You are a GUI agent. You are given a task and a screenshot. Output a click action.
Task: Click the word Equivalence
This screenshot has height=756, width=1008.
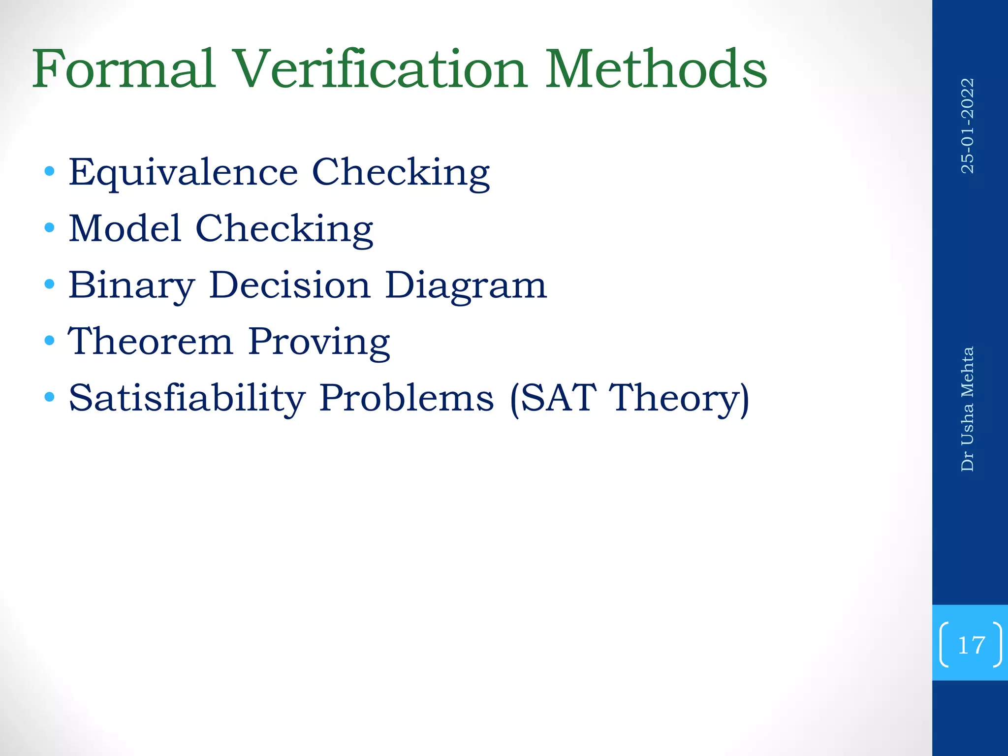[183, 173]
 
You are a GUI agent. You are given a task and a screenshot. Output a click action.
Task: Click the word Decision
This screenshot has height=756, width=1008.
[289, 285]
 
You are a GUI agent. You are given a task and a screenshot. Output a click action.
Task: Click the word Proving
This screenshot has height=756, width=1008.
[319, 342]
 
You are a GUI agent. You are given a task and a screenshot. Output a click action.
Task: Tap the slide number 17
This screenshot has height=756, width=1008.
[971, 645]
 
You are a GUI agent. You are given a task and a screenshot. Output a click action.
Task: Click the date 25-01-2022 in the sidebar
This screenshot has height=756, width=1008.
[968, 126]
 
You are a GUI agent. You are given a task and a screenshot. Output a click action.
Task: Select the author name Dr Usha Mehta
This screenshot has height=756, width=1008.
[968, 409]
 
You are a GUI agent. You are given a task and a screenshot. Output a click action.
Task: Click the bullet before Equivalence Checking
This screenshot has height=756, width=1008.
[49, 172]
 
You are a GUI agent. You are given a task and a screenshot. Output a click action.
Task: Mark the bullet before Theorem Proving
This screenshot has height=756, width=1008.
[49, 341]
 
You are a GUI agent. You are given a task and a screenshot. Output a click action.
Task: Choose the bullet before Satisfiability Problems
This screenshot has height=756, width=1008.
[49, 397]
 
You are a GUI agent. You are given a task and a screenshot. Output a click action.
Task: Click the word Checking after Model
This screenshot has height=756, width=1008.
[284, 229]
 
